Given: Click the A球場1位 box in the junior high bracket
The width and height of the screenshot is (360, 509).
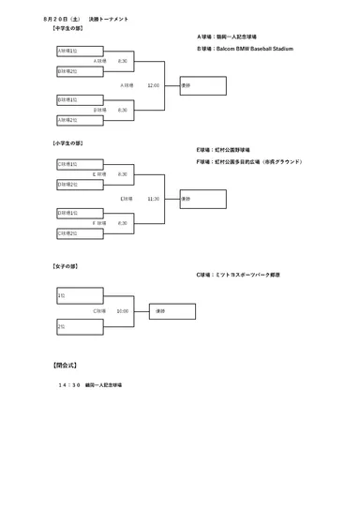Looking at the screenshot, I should click(80, 51).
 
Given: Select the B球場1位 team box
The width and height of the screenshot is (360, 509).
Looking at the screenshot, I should click(80, 99).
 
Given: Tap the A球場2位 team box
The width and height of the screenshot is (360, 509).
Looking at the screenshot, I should click(80, 120).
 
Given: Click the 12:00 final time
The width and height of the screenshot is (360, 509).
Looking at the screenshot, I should click(153, 85).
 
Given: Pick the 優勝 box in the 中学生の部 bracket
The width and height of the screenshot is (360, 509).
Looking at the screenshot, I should click(202, 85).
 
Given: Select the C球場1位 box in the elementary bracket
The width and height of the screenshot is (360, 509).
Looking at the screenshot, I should click(80, 164).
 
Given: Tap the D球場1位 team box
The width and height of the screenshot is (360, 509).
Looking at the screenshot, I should click(80, 213).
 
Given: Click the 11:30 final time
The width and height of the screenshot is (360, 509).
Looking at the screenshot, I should click(153, 199).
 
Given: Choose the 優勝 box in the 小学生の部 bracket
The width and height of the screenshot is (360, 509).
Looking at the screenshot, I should click(202, 199).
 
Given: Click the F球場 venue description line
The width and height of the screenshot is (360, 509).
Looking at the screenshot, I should click(249, 161).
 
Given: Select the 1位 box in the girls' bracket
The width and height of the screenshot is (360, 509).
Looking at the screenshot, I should click(80, 295).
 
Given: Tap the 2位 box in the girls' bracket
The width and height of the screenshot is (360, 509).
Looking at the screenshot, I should click(80, 326).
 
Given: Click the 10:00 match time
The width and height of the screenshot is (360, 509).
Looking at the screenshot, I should click(123, 311).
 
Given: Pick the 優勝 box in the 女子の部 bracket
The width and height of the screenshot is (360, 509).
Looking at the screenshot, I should click(172, 311).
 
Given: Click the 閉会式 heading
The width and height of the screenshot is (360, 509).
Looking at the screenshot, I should click(65, 365).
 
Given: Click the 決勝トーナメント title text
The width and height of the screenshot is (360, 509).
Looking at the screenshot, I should click(109, 19).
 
